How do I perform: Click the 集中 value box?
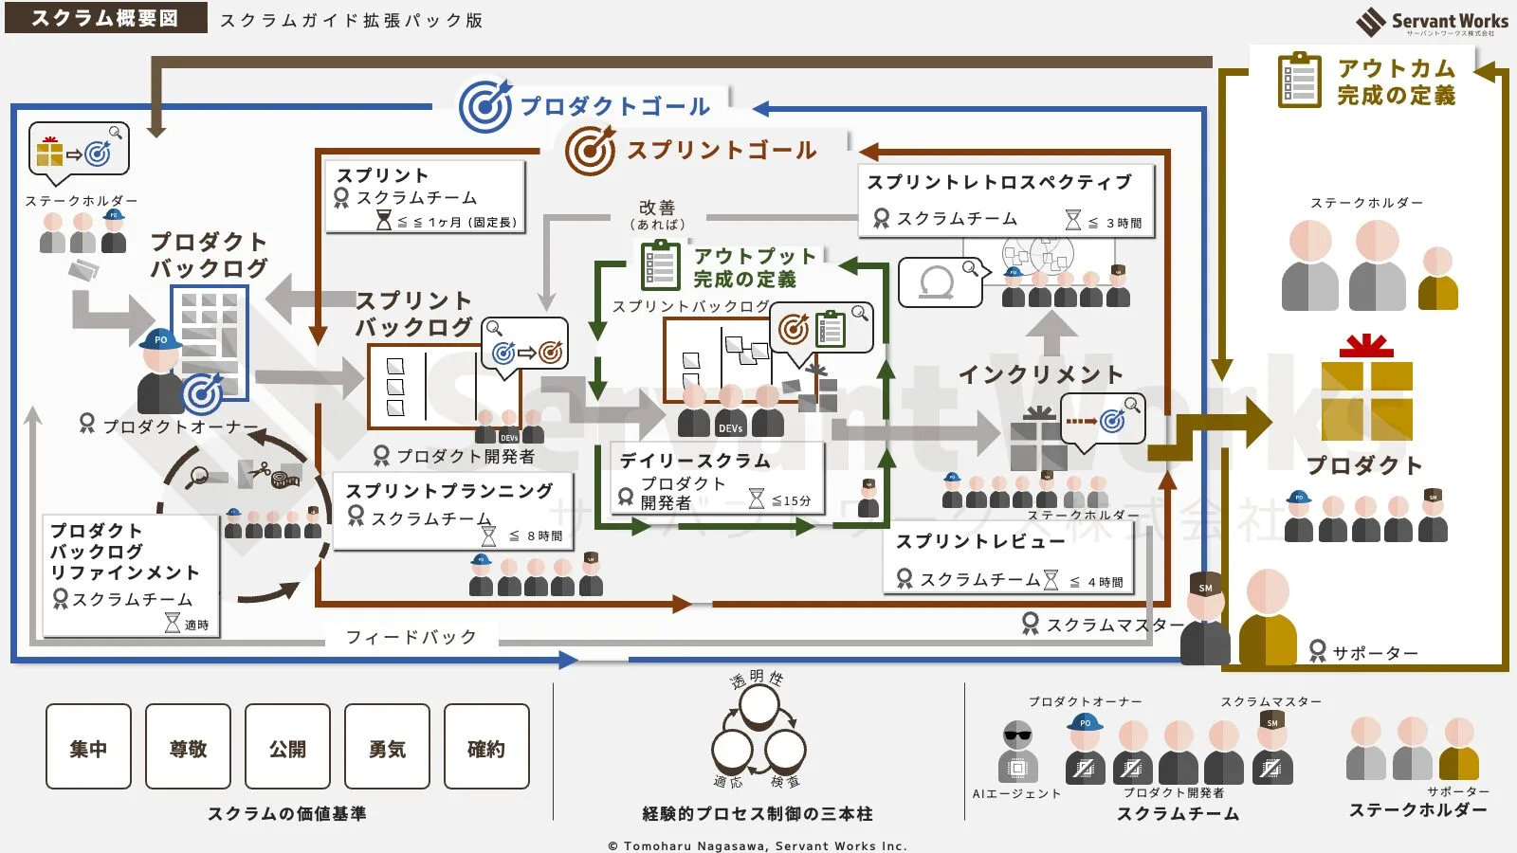point(88,747)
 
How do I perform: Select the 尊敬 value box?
point(188,747)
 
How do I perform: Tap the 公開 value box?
point(287,747)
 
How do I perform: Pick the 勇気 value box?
point(387,747)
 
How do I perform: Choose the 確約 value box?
point(486,747)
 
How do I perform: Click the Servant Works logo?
point(1432,22)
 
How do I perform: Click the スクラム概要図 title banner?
point(105,18)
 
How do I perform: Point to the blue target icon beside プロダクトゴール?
point(485,105)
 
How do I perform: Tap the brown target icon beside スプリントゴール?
point(591,150)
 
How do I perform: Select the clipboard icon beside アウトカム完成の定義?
point(1299,81)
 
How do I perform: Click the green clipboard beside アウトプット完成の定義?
point(661,265)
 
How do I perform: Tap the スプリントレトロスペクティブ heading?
point(999,182)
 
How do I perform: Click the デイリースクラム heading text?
point(695,461)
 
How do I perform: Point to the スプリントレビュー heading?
point(980,541)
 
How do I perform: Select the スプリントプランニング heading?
point(449,491)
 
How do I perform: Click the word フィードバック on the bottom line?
point(411,637)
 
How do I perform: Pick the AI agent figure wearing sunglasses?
point(1017,752)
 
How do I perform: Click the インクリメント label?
point(1040,374)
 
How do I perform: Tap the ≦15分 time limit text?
point(791,500)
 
